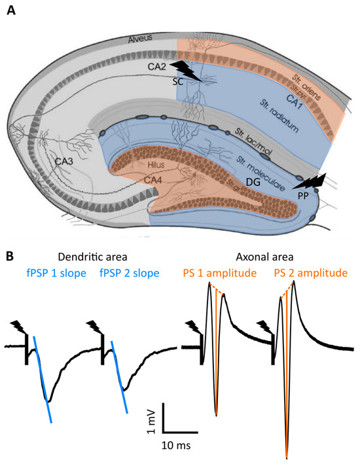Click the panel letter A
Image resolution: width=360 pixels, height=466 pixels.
tap(12, 12)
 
